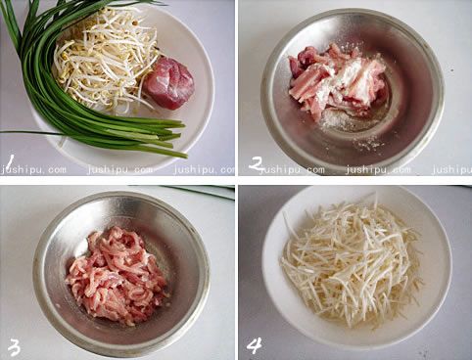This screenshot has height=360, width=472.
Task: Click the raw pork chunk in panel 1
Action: click(168, 83)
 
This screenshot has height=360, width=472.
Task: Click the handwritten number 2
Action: click(257, 163)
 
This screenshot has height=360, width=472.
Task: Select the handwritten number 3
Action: click(14, 347)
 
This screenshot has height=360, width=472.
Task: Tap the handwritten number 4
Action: click(255, 345)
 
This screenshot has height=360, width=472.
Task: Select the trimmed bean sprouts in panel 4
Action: click(351, 261)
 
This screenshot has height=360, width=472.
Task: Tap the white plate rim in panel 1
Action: click(209, 98)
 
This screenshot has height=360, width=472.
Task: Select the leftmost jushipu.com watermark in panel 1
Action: click(33, 170)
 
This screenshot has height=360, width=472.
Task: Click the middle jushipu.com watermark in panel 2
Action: click(378, 170)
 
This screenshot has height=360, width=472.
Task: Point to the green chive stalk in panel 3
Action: click(196, 191)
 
